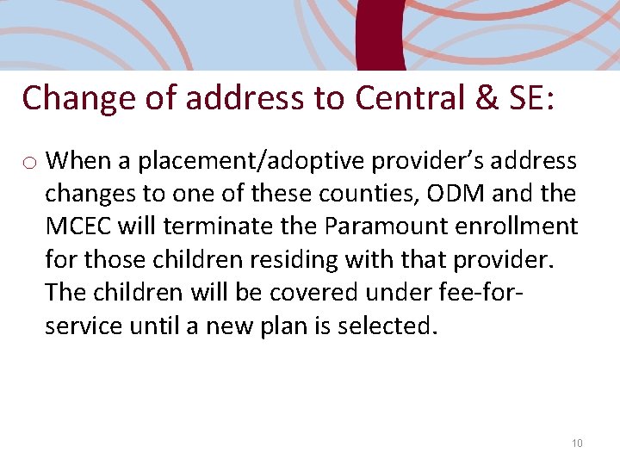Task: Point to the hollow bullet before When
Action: tap(29, 162)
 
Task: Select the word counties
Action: tap(370, 194)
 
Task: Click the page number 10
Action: tap(577, 443)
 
